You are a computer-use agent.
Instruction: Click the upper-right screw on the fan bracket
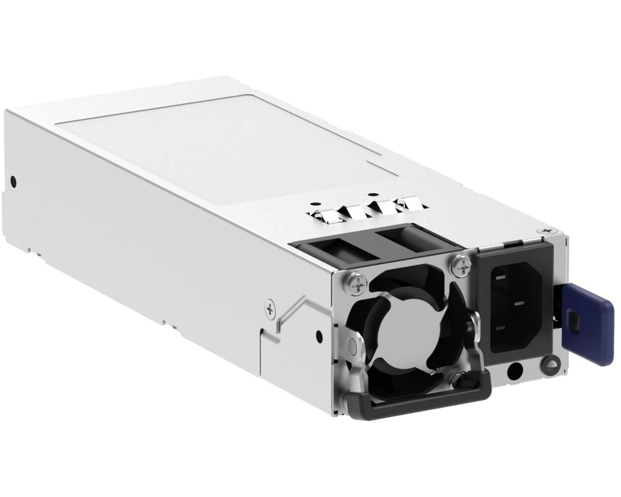[x=460, y=266]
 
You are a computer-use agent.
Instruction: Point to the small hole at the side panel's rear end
[x=12, y=182]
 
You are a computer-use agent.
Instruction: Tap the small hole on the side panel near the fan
[x=319, y=336]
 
